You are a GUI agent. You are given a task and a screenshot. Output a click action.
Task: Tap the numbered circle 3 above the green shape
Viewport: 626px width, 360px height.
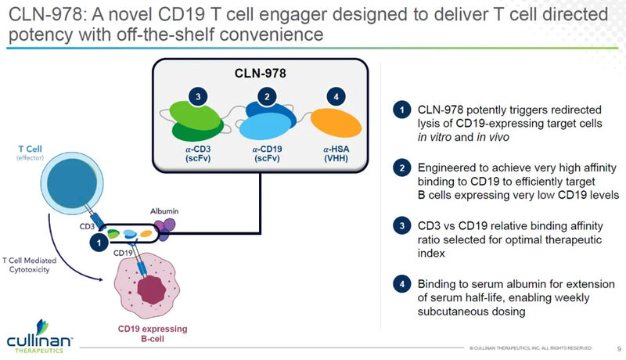point(200,96)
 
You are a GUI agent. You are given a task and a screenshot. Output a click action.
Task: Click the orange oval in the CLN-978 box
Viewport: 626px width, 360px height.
point(336,124)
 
